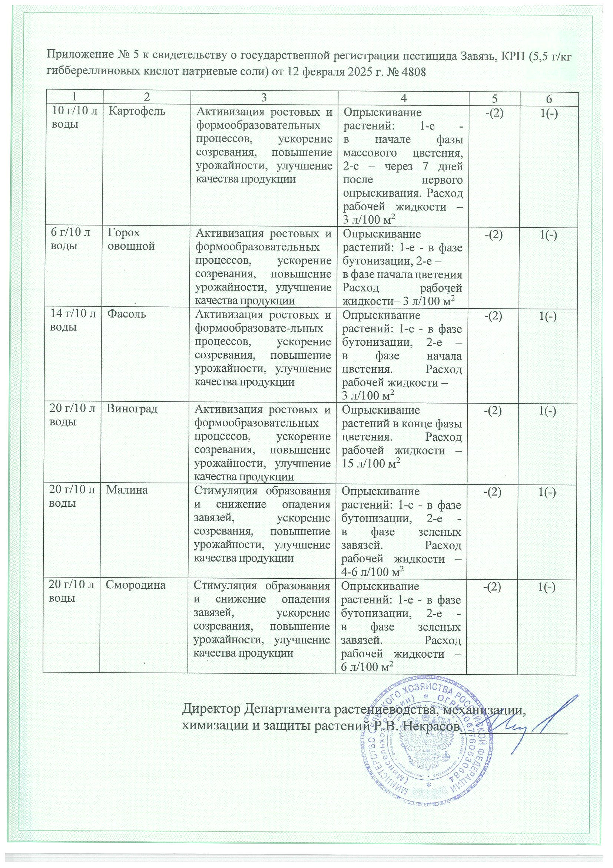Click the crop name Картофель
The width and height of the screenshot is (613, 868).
tap(137, 112)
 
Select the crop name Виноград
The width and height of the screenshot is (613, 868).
tap(132, 410)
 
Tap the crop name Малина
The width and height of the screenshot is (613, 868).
tap(127, 491)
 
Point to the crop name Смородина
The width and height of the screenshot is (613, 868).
tap(136, 586)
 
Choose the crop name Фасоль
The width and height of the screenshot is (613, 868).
tap(126, 315)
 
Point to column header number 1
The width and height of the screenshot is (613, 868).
tap(74, 97)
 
